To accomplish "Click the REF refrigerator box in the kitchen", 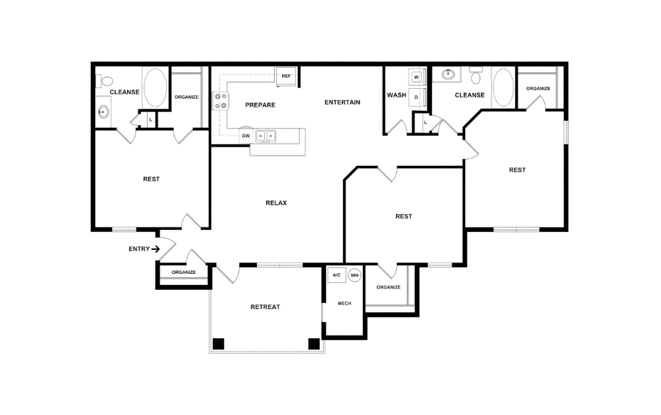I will [286, 76].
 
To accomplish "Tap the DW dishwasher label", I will [246, 136].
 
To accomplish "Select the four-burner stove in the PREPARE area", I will [221, 101].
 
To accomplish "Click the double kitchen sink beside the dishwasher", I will [267, 136].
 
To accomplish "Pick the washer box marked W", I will [417, 77].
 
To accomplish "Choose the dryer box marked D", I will [417, 96].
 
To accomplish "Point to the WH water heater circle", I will [354, 275].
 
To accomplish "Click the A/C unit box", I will [336, 275].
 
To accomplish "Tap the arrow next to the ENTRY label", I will [156, 249].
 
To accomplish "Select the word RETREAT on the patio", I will [265, 307].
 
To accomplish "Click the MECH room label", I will [344, 303].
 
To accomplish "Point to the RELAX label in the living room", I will [276, 203].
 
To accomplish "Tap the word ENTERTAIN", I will [342, 102].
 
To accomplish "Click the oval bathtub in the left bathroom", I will [156, 88].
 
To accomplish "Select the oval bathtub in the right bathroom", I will [503, 87].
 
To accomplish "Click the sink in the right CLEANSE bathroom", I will [448, 74].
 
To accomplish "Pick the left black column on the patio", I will [218, 343].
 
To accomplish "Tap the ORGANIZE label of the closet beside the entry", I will [183, 272].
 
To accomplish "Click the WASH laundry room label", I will [396, 95].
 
